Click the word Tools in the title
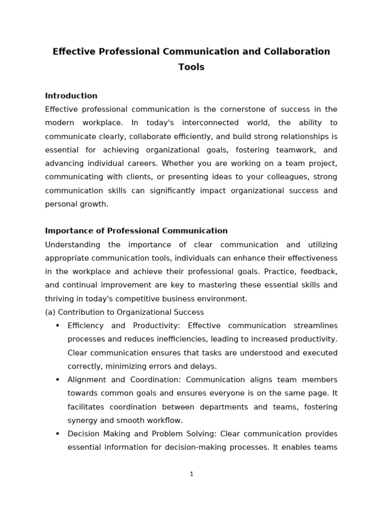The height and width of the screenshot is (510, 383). point(191,67)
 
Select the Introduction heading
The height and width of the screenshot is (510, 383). point(71,96)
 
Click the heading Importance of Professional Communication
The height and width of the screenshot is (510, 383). point(136,231)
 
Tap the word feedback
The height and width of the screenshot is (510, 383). point(319,271)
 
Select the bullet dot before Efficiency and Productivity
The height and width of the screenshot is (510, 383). point(57,326)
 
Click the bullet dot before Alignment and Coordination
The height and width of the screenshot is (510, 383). point(57,380)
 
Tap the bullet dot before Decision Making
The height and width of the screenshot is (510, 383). point(57,434)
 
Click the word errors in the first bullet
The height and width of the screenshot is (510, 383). point(168,367)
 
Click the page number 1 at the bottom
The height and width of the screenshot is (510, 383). point(191,474)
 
